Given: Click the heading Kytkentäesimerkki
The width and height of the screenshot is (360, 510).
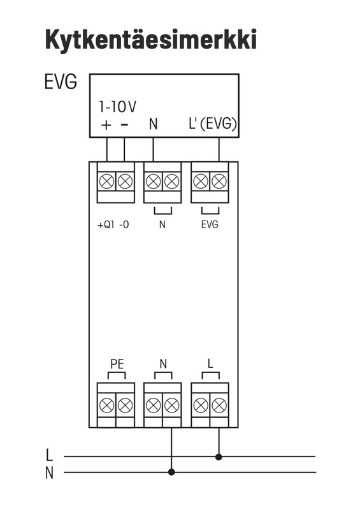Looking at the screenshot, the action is pyautogui.click(x=151, y=40).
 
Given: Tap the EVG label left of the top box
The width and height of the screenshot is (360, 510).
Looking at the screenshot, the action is pyautogui.click(x=61, y=82).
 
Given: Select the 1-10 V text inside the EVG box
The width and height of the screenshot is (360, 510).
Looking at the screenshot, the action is pyautogui.click(x=117, y=106).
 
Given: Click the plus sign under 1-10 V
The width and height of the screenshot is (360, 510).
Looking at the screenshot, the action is pyautogui.click(x=106, y=125).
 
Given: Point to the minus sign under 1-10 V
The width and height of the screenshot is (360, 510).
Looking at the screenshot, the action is pyautogui.click(x=124, y=124).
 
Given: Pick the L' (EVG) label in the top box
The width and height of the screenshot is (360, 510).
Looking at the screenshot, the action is pyautogui.click(x=213, y=124).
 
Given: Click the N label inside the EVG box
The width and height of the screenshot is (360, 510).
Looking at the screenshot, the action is pyautogui.click(x=153, y=124).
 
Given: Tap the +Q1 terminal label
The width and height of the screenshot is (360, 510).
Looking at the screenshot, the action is pyautogui.click(x=106, y=225).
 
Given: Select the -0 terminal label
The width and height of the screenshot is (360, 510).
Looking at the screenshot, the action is pyautogui.click(x=124, y=225).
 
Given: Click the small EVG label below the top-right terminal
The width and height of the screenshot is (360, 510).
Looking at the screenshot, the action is pyautogui.click(x=210, y=224).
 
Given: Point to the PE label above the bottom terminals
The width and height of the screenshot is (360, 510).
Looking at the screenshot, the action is pyautogui.click(x=117, y=364).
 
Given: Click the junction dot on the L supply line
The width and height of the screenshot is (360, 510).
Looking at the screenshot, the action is pyautogui.click(x=219, y=457).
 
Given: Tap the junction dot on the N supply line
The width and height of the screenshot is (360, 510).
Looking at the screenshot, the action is pyautogui.click(x=171, y=472).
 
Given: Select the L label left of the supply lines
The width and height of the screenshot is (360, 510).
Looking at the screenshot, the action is pyautogui.click(x=49, y=455).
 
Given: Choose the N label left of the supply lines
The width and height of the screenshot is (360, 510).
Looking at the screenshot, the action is pyautogui.click(x=49, y=473).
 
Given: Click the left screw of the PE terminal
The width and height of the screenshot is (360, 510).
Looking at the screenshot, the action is pyautogui.click(x=106, y=405).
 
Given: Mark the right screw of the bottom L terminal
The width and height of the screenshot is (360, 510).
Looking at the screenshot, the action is pyautogui.click(x=219, y=405).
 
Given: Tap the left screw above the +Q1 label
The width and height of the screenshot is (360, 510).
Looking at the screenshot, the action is pyautogui.click(x=106, y=181).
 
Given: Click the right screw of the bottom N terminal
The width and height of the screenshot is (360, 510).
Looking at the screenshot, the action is pyautogui.click(x=171, y=405).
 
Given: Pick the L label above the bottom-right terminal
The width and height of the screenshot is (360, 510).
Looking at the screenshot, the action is pyautogui.click(x=210, y=363).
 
